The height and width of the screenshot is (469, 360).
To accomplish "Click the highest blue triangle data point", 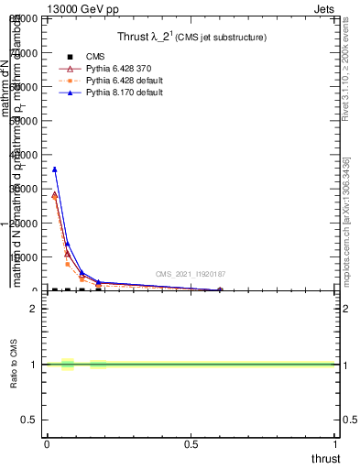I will click(x=55, y=169).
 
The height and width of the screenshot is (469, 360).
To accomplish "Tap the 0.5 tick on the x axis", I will click(x=191, y=444).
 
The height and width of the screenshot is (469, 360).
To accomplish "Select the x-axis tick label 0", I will click(x=47, y=444).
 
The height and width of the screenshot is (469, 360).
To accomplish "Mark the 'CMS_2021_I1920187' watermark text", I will click(x=190, y=274).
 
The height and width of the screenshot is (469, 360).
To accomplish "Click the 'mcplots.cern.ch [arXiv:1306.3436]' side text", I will click(x=346, y=220).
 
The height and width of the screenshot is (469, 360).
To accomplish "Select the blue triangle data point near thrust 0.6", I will click(x=220, y=290).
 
